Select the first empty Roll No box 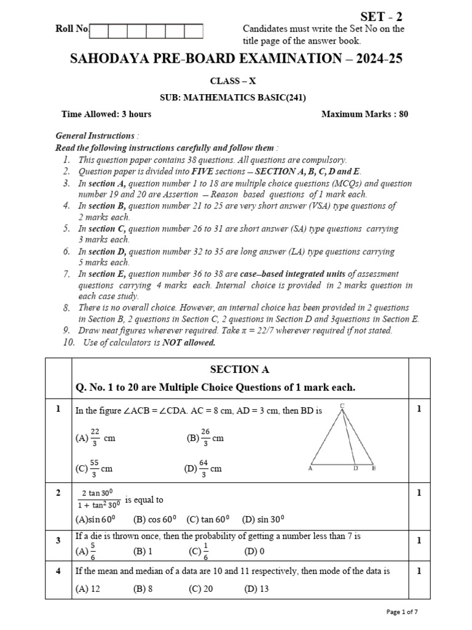tap(100, 30)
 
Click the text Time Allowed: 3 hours tap(106, 114)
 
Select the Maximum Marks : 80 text tap(364, 114)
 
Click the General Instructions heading tap(95, 135)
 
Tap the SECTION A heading tap(240, 370)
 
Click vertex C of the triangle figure tap(342, 405)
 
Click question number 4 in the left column tap(58, 571)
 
